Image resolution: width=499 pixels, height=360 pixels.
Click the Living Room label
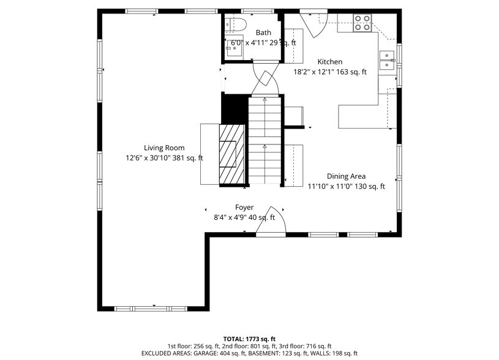[x=164, y=148]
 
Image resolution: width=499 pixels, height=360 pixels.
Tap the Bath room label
[x=263, y=33]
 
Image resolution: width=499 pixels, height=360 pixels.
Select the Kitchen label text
[x=329, y=62]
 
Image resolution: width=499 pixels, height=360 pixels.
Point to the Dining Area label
[x=346, y=176]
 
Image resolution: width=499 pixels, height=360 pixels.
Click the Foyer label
[x=244, y=208]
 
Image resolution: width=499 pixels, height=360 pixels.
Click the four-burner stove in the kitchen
[x=362, y=23]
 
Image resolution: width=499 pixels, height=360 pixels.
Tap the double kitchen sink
[x=387, y=60]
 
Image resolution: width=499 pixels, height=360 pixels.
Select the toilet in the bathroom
[x=235, y=24]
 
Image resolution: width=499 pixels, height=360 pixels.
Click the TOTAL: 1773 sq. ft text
[x=249, y=339]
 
